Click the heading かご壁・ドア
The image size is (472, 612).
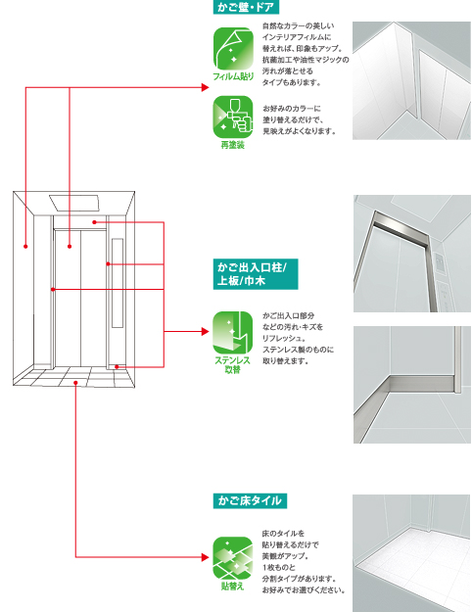[x=246, y=7]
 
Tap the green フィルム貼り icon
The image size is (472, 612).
[x=233, y=48]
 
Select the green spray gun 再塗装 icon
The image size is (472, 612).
[x=233, y=117]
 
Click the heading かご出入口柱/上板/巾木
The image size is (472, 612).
[x=256, y=274]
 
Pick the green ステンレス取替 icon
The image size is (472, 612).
[x=233, y=333]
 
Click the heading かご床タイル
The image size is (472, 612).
[x=250, y=500]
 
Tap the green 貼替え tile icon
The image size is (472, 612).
[x=233, y=558]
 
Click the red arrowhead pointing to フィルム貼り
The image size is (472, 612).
[x=206, y=87]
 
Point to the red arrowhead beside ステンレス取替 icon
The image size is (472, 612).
[x=206, y=331]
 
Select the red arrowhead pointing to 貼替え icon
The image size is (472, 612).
[x=206, y=557]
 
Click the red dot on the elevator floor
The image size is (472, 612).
[x=75, y=383]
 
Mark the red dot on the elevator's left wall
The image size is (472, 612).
[x=25, y=247]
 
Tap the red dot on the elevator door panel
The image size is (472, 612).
[x=70, y=247]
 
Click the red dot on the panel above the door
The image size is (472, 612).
[x=94, y=222]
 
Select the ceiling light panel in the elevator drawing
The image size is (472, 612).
[x=74, y=203]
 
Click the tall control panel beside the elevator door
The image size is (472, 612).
[x=118, y=283]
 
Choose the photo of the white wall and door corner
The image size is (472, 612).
[x=411, y=80]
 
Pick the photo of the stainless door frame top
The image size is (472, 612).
[x=412, y=254]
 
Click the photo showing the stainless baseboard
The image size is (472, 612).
[x=412, y=385]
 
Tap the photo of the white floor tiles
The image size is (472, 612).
[x=411, y=553]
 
